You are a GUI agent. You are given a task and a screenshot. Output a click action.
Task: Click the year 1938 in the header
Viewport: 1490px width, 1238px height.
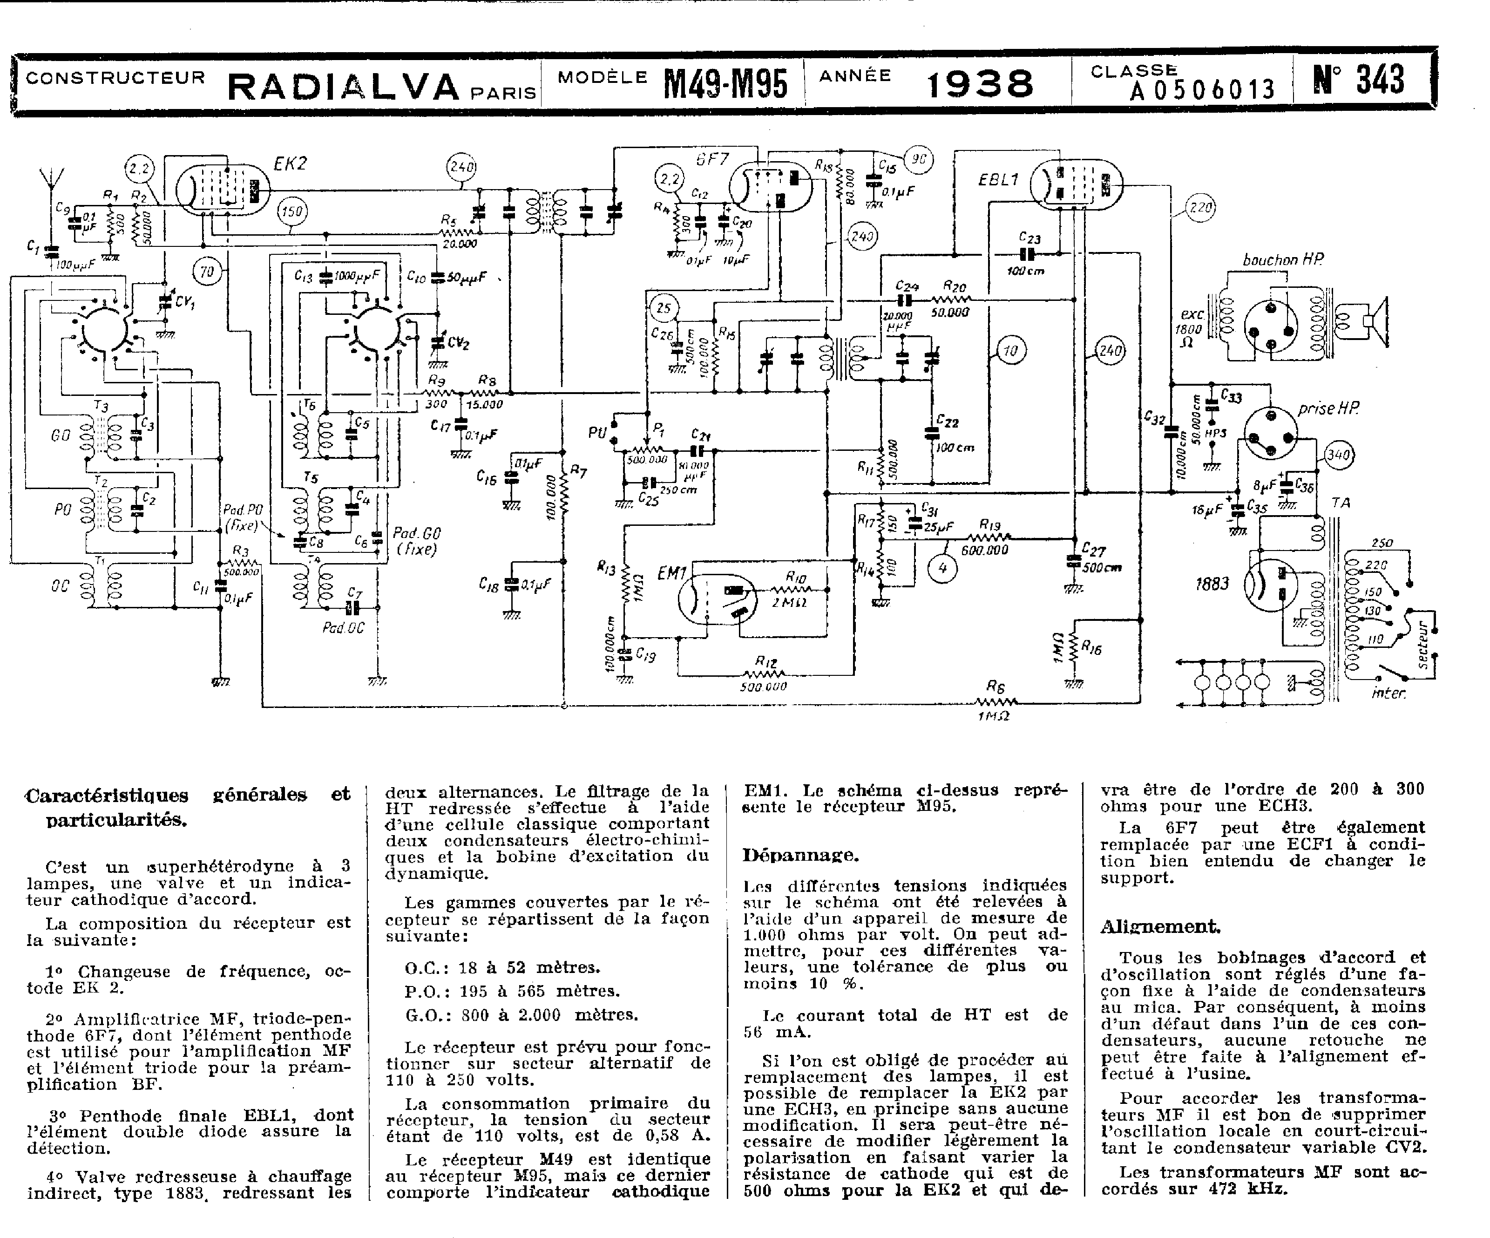point(980,84)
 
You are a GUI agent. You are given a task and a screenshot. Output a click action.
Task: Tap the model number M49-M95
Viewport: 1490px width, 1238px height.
point(725,84)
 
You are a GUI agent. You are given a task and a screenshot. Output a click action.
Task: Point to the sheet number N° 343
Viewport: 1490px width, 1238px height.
point(1358,80)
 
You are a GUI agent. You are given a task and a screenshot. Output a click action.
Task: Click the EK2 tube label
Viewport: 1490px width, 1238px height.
point(290,164)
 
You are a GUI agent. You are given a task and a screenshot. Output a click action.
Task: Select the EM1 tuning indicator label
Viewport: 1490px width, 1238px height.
point(671,571)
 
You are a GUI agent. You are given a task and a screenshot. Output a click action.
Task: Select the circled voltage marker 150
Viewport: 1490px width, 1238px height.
point(291,211)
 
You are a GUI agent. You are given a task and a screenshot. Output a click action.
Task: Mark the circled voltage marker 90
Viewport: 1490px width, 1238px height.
point(919,160)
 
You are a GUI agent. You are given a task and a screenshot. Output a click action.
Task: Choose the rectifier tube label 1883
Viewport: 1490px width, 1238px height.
point(1212,584)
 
